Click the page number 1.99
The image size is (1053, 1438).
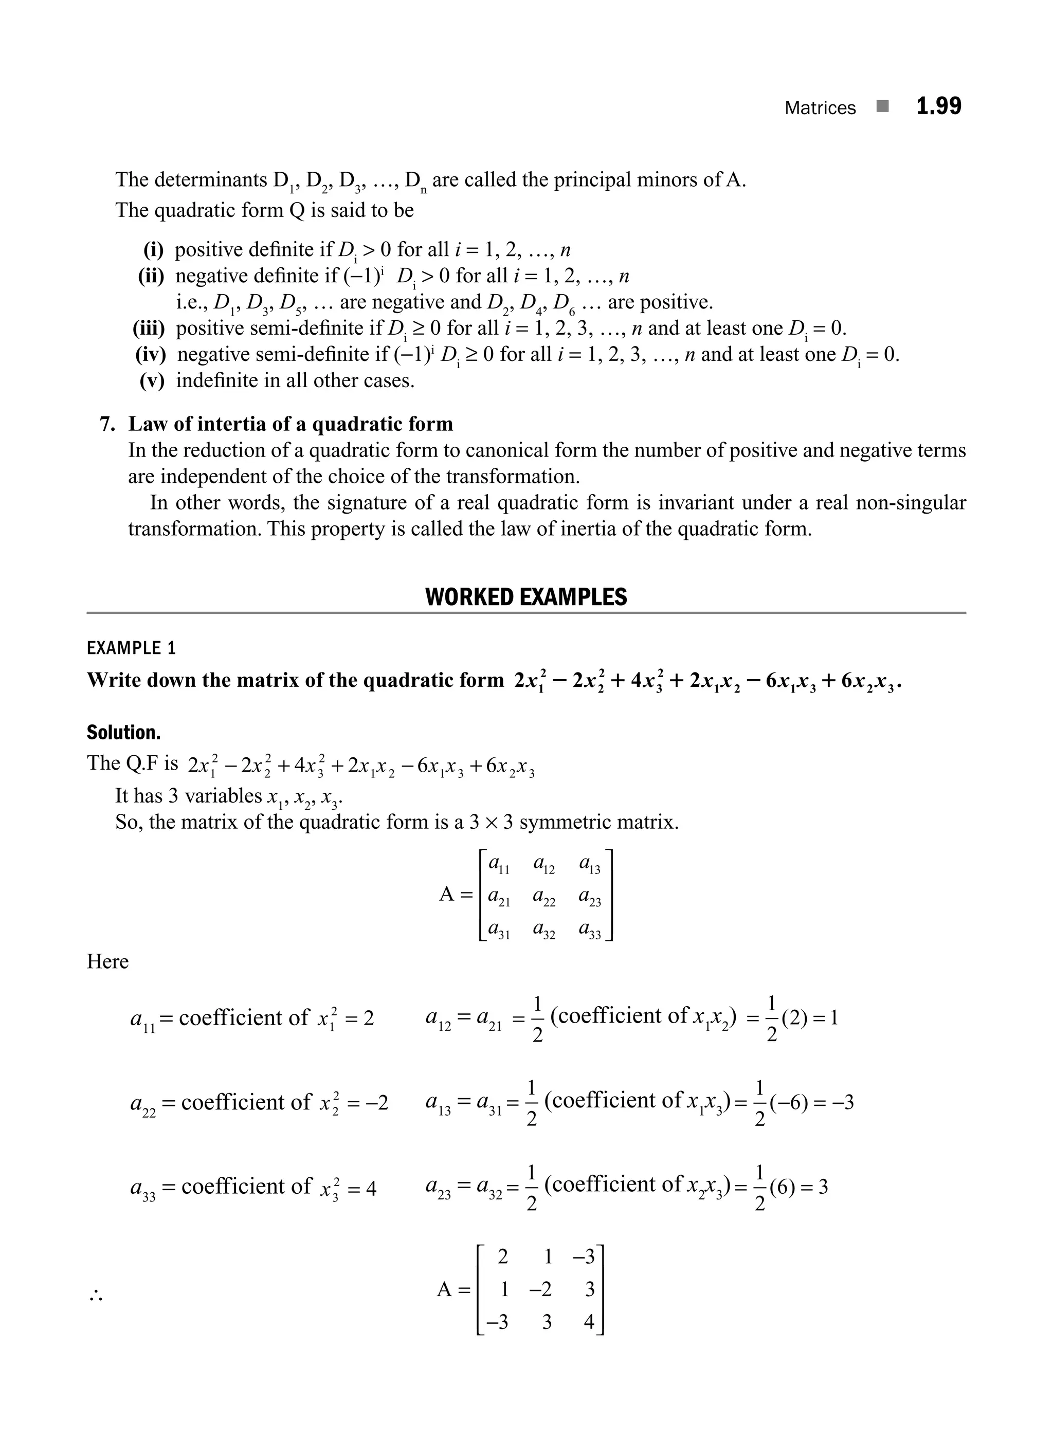click(938, 106)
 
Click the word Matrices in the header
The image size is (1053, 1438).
click(820, 108)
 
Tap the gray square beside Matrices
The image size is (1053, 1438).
click(882, 106)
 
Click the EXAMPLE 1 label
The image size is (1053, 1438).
click(131, 648)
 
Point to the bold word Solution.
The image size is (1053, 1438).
click(124, 733)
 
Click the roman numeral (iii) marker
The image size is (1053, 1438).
click(149, 328)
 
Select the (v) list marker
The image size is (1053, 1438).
click(152, 380)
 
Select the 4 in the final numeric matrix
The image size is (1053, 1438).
click(589, 1322)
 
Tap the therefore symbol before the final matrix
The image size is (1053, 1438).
click(96, 1297)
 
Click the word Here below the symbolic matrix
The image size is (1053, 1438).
click(108, 961)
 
